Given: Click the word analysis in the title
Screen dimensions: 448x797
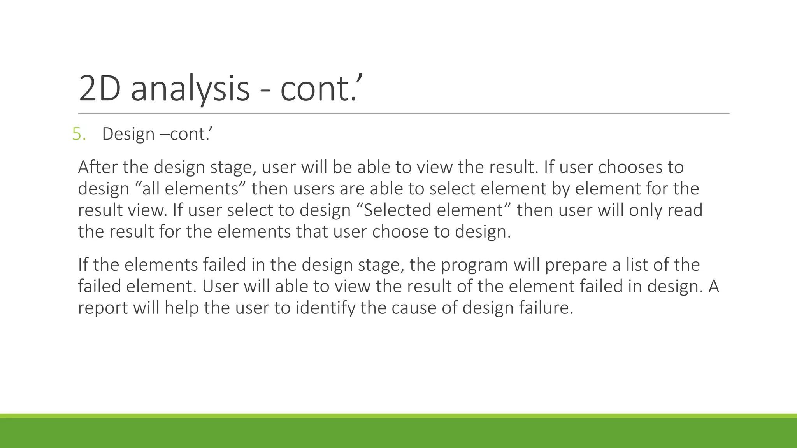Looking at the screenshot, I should click(190, 89).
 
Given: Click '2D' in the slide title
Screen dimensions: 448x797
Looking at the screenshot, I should click(99, 89).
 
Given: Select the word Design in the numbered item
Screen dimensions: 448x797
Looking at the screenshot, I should click(128, 134).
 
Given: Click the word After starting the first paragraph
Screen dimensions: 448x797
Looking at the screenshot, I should click(98, 167).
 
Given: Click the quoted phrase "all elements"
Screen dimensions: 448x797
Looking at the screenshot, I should click(193, 189).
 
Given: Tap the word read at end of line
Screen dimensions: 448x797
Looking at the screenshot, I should click(685, 210).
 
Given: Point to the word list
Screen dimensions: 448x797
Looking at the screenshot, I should click(637, 265).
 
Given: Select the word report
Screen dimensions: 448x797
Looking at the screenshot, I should click(103, 308).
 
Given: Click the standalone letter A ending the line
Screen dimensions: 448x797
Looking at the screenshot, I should click(713, 287).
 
